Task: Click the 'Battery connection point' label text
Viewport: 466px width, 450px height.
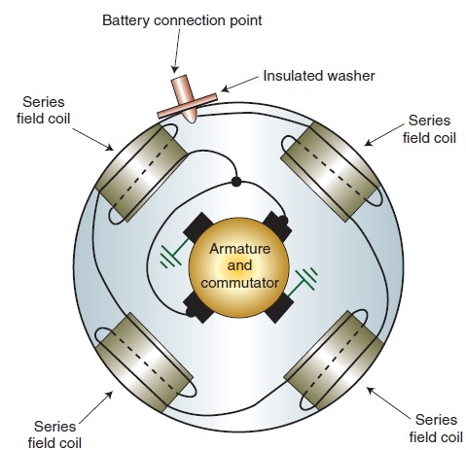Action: click(x=182, y=20)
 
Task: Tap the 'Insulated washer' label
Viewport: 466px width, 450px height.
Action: click(x=319, y=76)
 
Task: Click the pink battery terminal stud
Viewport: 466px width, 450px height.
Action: click(x=185, y=98)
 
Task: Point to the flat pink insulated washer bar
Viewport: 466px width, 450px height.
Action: click(x=187, y=106)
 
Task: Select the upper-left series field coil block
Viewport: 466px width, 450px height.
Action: click(x=142, y=172)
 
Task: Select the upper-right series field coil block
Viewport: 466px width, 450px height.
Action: click(x=330, y=171)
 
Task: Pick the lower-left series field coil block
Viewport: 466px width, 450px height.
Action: click(x=145, y=363)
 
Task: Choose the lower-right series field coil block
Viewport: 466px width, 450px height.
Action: click(x=334, y=361)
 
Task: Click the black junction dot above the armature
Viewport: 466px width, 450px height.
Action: click(x=236, y=182)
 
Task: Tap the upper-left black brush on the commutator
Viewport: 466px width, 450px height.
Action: click(x=198, y=227)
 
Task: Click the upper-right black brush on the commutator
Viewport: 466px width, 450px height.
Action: click(x=276, y=226)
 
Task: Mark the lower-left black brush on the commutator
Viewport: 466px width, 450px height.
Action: click(x=198, y=307)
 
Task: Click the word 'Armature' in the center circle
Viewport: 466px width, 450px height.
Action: click(x=239, y=249)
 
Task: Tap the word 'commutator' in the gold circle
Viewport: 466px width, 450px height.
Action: click(x=239, y=283)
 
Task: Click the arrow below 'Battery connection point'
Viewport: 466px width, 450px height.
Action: click(x=177, y=51)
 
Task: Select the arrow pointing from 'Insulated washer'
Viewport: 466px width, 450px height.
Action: click(x=239, y=84)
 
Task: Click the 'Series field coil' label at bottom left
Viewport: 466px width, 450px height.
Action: click(x=54, y=434)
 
